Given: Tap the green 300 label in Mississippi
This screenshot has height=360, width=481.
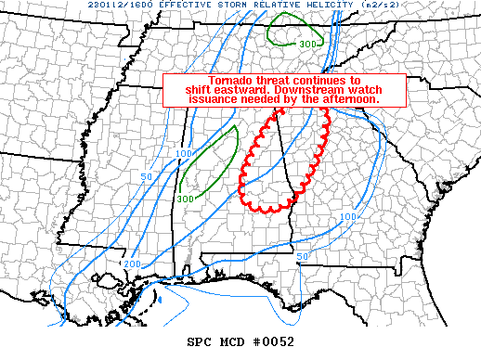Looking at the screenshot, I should click(x=184, y=198).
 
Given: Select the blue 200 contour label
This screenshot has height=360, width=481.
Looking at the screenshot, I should click(x=131, y=264).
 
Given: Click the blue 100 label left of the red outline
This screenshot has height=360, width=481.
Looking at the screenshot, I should click(x=183, y=153).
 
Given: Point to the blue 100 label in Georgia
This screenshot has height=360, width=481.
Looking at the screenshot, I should click(x=347, y=217).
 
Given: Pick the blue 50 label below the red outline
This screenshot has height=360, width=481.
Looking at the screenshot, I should click(x=302, y=256).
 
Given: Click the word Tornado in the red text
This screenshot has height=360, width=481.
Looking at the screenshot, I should click(x=230, y=80).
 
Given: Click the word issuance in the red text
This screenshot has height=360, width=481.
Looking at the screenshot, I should click(x=227, y=98).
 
